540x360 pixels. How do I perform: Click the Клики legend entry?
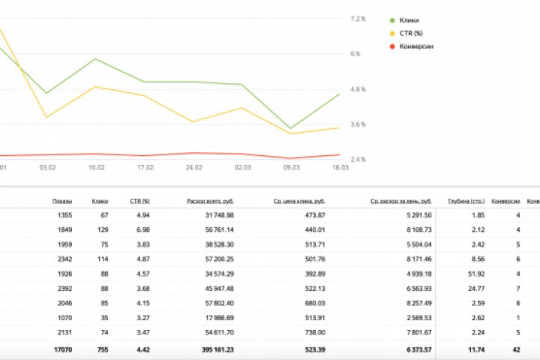point(409,20)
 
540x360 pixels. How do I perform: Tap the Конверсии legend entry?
point(417,46)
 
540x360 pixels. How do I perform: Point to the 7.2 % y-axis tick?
point(358,18)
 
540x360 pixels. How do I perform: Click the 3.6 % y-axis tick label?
point(358,124)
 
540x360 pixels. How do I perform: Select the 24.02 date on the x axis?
point(194,167)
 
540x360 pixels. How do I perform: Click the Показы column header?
point(62,201)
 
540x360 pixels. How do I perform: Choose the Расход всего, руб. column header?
point(210,201)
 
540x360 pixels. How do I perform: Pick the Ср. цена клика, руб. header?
point(298,201)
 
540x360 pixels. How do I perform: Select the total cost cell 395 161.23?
point(213,349)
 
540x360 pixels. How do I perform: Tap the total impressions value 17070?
point(61,349)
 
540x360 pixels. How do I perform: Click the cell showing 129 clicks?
point(100,229)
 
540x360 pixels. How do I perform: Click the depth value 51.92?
point(475,273)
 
